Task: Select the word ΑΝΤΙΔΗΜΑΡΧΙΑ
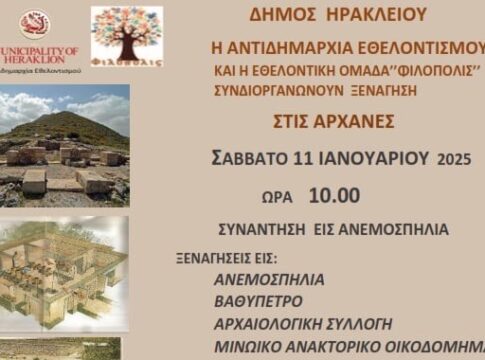(291, 49)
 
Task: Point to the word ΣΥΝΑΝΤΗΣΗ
(285, 230)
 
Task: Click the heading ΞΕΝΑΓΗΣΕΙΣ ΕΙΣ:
(221, 258)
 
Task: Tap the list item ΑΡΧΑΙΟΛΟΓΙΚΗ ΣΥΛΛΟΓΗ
(302, 324)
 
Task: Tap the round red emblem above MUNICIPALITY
(35, 25)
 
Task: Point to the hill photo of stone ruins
(64, 146)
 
